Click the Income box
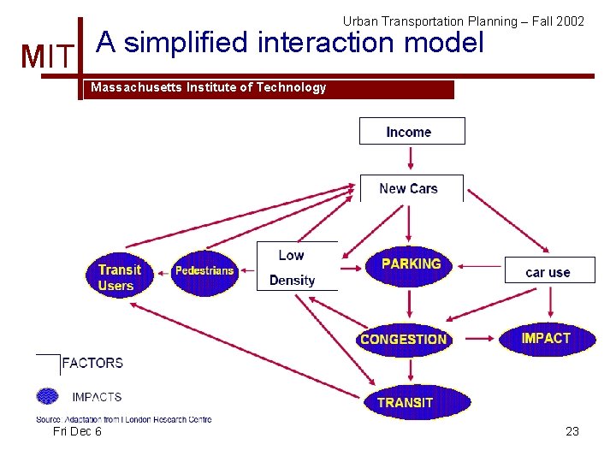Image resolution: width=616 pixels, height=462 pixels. pyautogui.click(x=412, y=132)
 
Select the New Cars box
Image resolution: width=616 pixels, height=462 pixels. pyautogui.click(x=410, y=188)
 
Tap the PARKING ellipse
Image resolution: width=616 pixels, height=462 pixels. pyautogui.click(x=411, y=264)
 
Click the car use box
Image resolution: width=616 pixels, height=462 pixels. pyautogui.click(x=548, y=271)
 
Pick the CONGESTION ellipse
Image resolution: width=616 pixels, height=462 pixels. pyautogui.click(x=404, y=339)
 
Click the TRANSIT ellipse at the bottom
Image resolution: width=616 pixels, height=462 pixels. pyautogui.click(x=405, y=402)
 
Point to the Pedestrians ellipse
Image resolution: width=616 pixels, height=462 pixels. pyautogui.click(x=204, y=271)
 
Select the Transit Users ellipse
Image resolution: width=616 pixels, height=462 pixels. pyautogui.click(x=119, y=276)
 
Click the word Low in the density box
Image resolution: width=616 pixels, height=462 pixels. pyautogui.click(x=291, y=255)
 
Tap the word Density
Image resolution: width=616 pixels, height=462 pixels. pyautogui.click(x=292, y=280)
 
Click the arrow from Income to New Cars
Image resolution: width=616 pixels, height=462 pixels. pyautogui.click(x=412, y=158)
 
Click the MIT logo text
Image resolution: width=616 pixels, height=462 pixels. pyautogui.click(x=48, y=57)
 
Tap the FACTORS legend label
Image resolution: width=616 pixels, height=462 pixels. pyautogui.click(x=92, y=363)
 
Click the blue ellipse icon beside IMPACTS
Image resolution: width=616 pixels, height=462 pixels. pyautogui.click(x=48, y=396)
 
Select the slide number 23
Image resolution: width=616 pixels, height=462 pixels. pyautogui.click(x=572, y=431)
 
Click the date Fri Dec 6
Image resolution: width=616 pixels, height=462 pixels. pyautogui.click(x=77, y=431)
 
